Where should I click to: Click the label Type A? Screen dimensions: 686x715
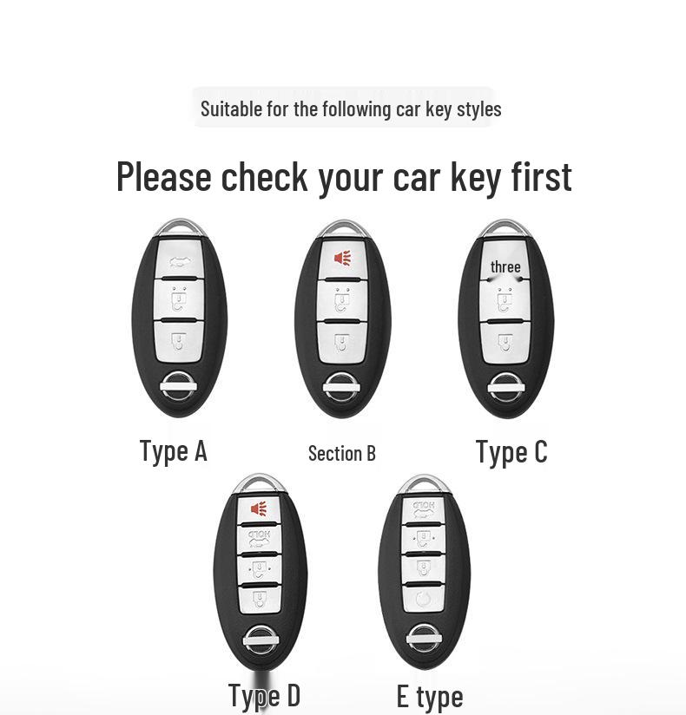(x=174, y=451)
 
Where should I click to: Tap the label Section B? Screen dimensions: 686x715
(x=342, y=453)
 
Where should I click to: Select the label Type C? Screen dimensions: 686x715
(x=511, y=452)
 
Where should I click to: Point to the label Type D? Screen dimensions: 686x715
(x=264, y=696)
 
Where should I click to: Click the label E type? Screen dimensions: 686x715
(x=430, y=697)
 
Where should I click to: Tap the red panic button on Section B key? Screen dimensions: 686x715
(x=342, y=259)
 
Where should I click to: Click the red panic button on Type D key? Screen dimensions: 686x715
(x=259, y=508)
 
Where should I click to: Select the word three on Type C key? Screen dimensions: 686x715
(x=505, y=266)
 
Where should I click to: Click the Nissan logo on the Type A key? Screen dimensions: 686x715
(x=179, y=387)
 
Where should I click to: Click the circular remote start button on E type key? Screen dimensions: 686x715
(x=424, y=598)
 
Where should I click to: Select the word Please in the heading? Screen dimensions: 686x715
(x=164, y=176)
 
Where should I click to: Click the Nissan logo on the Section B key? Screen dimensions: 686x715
(x=342, y=387)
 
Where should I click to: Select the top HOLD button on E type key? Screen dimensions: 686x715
(x=424, y=510)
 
